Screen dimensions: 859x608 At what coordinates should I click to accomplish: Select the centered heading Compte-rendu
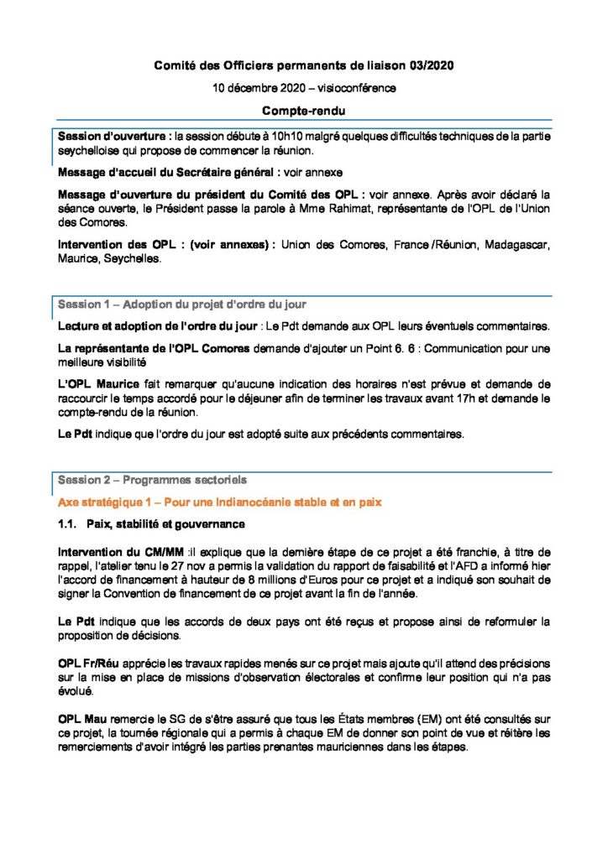click(x=303, y=110)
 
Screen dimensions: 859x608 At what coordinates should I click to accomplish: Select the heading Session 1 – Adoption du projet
click(x=181, y=303)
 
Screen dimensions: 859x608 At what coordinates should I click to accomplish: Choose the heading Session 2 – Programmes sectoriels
click(x=151, y=480)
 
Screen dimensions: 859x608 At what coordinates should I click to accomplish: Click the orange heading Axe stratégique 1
click(x=219, y=502)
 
